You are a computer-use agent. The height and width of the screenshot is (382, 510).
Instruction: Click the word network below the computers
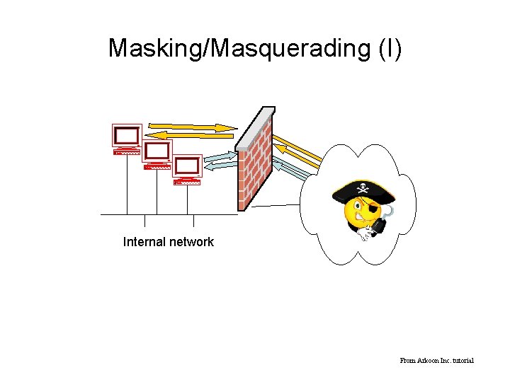[191, 242]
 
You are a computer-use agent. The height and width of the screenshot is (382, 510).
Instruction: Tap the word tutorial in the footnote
[461, 361]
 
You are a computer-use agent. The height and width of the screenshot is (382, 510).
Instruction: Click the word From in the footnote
[407, 361]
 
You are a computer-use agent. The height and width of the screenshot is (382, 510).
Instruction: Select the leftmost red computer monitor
[127, 135]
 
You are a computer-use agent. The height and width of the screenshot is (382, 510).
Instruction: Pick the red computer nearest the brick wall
[188, 167]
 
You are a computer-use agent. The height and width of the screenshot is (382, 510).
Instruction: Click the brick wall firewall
[254, 166]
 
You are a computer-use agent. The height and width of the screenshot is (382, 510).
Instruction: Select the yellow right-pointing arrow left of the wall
[193, 126]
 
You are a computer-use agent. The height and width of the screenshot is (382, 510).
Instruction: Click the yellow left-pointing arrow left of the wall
[193, 134]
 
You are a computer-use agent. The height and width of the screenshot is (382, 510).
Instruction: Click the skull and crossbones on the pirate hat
[363, 188]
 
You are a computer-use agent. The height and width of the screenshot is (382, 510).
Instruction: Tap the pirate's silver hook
[390, 213]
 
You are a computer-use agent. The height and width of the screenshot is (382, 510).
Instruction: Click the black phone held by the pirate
[379, 226]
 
